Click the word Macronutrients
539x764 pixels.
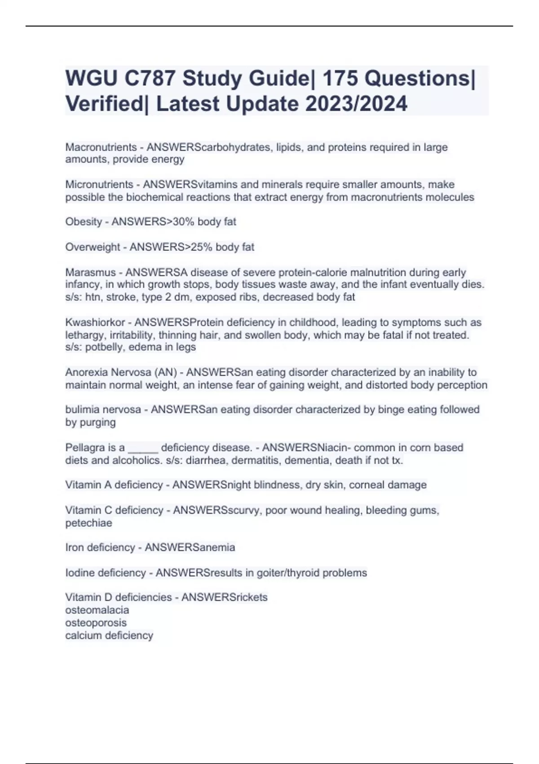(x=101, y=147)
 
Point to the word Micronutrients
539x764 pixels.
(x=99, y=184)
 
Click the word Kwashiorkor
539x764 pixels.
(x=95, y=322)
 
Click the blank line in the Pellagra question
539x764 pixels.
(x=143, y=449)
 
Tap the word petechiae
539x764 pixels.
(x=88, y=523)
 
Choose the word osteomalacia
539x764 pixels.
(x=97, y=610)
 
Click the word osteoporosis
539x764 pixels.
(x=96, y=622)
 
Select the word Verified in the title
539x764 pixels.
(x=104, y=104)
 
